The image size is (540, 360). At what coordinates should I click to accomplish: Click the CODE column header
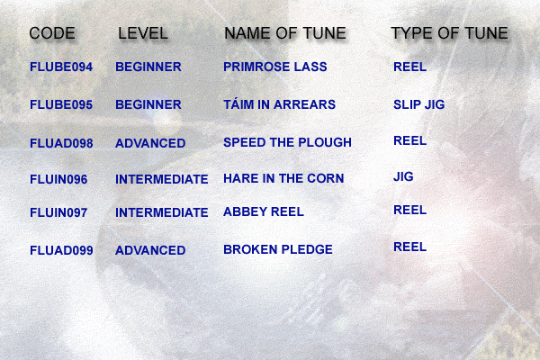[x=52, y=33]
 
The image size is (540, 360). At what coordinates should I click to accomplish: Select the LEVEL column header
[x=143, y=33]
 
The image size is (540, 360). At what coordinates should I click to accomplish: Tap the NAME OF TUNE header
[x=285, y=33]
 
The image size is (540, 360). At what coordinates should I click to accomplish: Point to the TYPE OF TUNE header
[x=449, y=33]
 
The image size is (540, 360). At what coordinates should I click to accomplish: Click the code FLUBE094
[x=61, y=67]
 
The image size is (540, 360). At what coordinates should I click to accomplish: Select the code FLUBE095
[x=61, y=104]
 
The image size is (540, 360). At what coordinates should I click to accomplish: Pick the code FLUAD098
[x=61, y=143]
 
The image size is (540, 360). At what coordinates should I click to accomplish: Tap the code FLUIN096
[x=58, y=179]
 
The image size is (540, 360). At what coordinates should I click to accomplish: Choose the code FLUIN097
[x=58, y=212]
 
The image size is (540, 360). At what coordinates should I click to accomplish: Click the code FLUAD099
[x=61, y=250]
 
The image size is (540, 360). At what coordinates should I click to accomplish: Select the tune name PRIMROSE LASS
[x=275, y=67]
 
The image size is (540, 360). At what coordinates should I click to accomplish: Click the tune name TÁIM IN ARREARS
[x=279, y=104]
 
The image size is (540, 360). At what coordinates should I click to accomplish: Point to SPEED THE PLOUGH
[x=288, y=142]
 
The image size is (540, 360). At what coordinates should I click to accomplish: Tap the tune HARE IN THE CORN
[x=283, y=178]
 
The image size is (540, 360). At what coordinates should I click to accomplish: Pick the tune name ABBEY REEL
[x=264, y=211]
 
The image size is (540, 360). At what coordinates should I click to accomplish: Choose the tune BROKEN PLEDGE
[x=278, y=249]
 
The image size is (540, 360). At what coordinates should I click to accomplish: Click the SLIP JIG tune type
[x=419, y=104]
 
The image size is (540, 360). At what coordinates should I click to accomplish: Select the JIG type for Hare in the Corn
[x=403, y=176]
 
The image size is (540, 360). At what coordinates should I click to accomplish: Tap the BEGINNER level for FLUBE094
[x=148, y=67]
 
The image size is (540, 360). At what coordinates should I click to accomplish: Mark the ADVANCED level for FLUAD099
[x=150, y=250]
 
